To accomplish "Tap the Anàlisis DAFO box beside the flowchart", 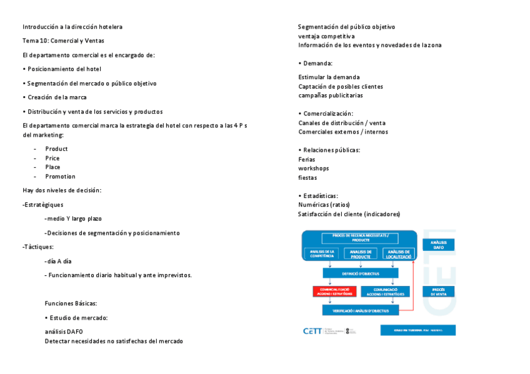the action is pos(438,245).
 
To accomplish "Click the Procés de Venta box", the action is pos(438,292).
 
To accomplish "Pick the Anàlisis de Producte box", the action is pos(361,253).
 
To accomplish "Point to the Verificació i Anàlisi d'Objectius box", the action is pos(361,310).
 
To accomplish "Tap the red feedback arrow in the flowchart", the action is pos(414,287).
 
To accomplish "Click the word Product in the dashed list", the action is pos(56,149).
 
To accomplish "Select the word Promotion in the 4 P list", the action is pos(60,177).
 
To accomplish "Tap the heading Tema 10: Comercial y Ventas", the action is pos(63,41).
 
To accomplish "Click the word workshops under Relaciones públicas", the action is pos(314,169).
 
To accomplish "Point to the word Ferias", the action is pos(307,160).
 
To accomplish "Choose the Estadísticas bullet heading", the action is pos(320,196).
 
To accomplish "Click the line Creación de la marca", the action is pos(57,97).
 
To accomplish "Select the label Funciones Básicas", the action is pos(71,303).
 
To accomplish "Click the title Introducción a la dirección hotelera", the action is pos(72,27).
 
